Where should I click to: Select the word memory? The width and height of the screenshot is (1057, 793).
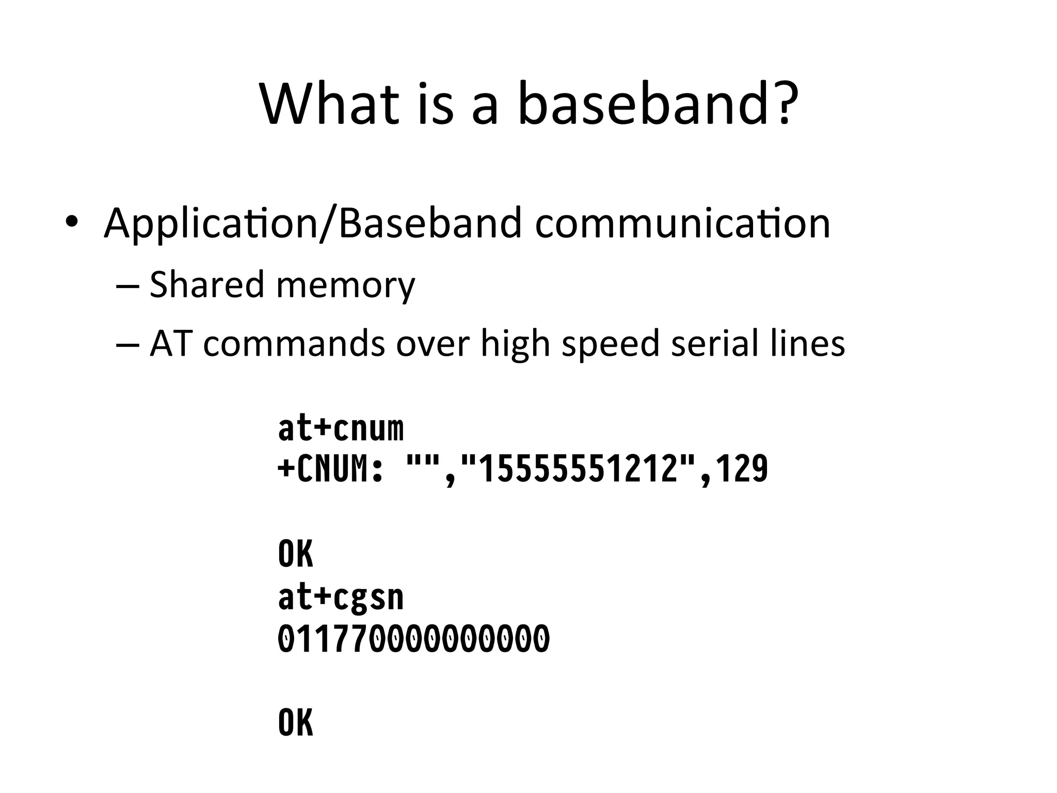click(346, 286)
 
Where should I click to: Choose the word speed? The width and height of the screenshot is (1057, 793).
click(611, 344)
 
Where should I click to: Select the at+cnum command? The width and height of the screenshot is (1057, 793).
click(341, 429)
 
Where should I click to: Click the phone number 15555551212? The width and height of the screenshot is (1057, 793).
click(578, 470)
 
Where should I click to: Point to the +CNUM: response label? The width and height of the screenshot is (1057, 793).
click(330, 470)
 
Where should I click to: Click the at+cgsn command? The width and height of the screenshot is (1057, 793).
click(341, 598)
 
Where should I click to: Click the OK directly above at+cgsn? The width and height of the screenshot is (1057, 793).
click(296, 554)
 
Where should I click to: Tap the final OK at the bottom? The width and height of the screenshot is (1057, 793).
click(296, 723)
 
